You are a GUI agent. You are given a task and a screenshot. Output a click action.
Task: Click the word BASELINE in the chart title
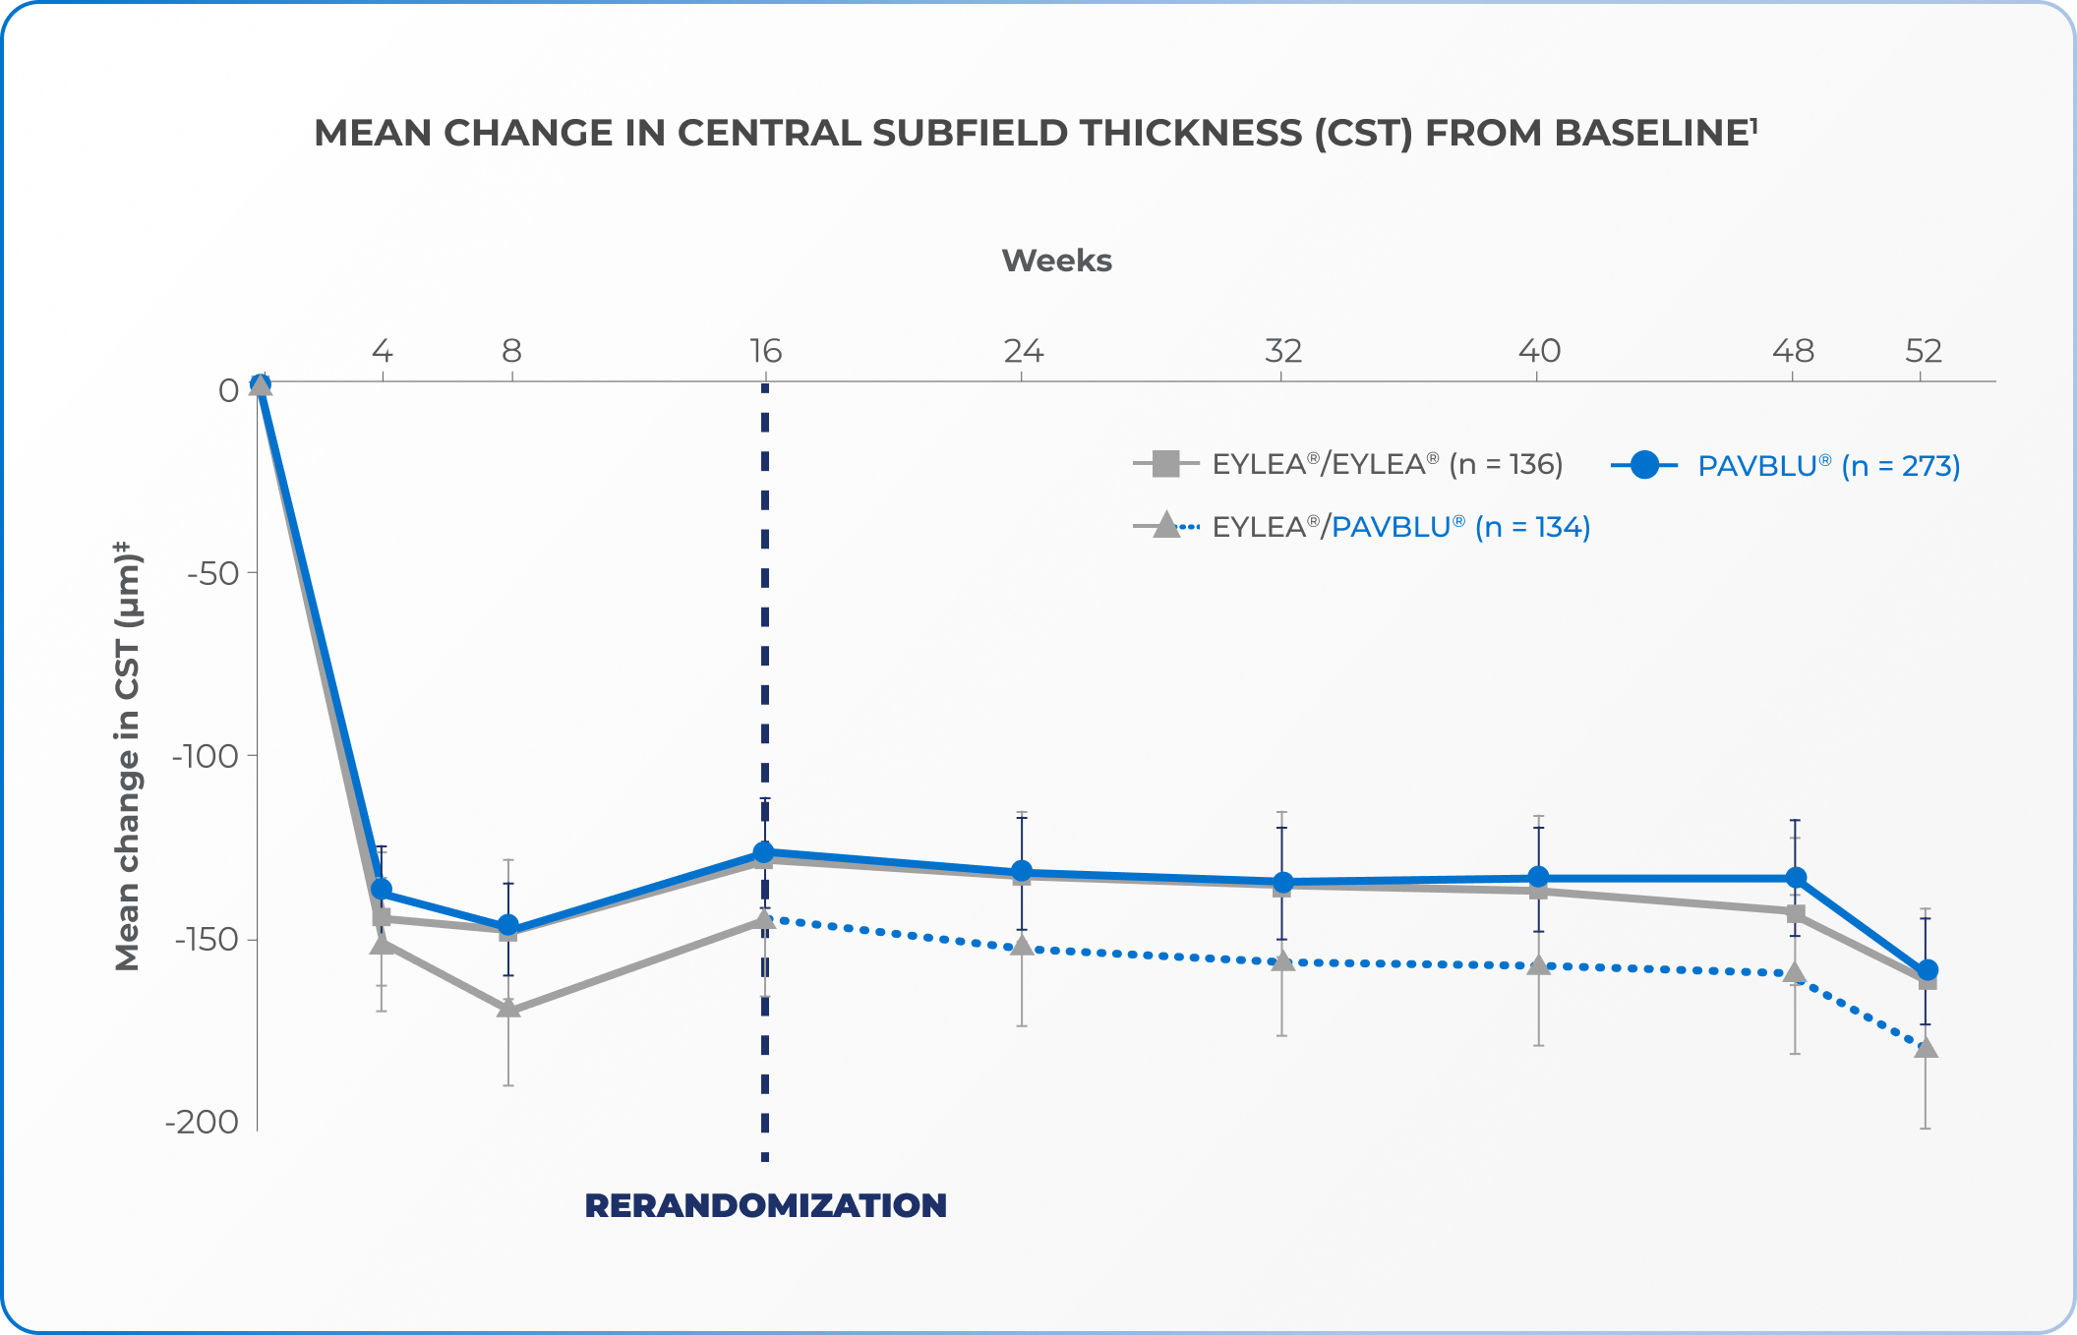(x=1651, y=133)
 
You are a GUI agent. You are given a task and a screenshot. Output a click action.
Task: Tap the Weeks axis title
(x=1056, y=261)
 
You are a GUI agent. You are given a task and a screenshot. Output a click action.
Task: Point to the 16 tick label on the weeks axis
(x=765, y=351)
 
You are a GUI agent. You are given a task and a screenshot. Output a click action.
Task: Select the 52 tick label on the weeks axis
(x=1924, y=351)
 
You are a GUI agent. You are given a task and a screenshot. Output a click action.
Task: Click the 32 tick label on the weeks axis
(x=1282, y=351)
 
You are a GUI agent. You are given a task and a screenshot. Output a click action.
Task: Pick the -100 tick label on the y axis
(x=206, y=756)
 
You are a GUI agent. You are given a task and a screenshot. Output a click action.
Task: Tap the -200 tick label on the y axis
(x=202, y=1122)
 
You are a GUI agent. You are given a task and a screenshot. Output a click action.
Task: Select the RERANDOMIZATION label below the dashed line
(x=765, y=1205)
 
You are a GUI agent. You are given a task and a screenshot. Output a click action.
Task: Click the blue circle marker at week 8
(x=508, y=925)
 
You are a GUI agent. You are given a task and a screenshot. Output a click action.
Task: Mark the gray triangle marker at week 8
(x=508, y=1008)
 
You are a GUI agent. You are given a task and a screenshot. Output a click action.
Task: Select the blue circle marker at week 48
(x=1796, y=877)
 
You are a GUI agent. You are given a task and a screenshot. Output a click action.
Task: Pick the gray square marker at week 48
(x=1796, y=914)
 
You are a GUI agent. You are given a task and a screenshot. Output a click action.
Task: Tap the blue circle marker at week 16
(x=764, y=851)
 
